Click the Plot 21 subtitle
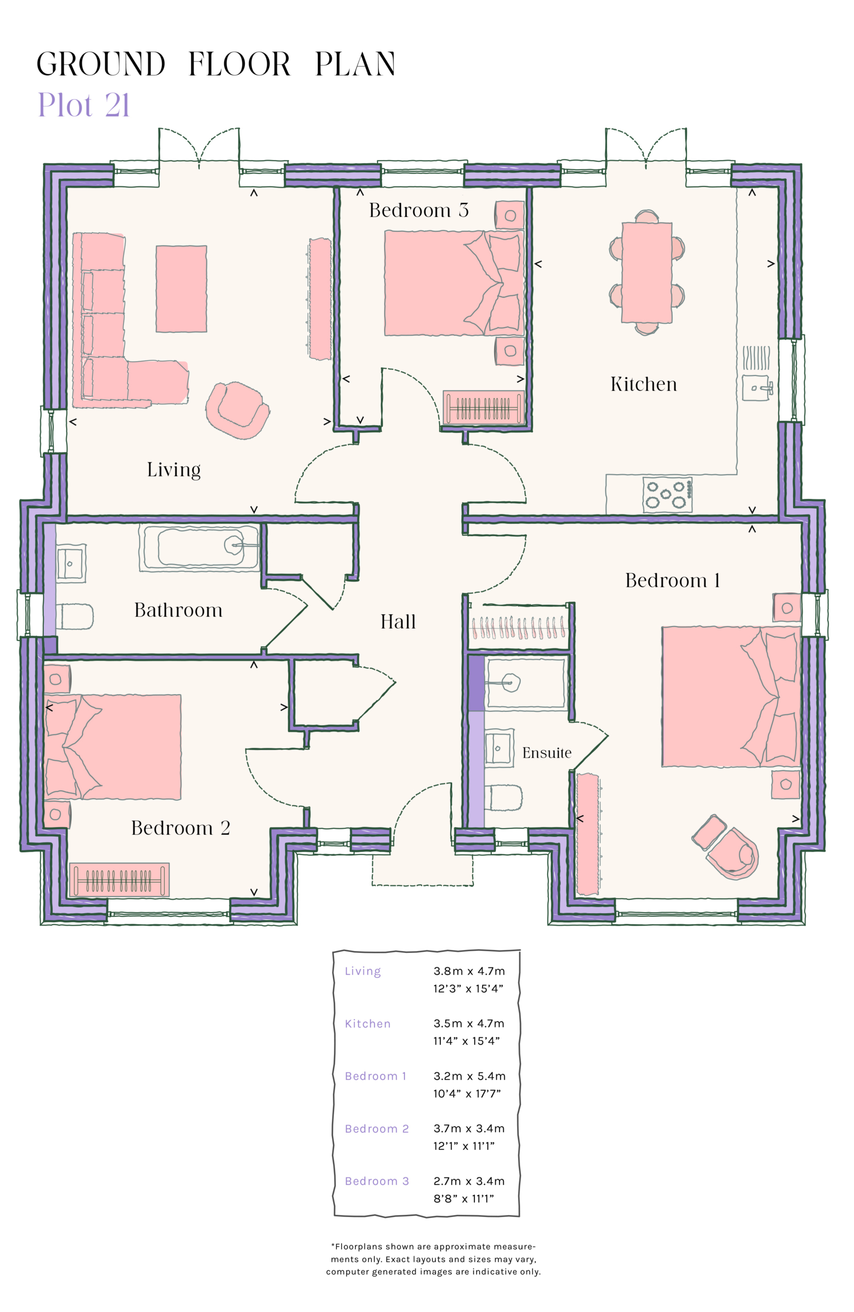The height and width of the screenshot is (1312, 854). tap(83, 105)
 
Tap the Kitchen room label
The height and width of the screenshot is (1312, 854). tap(643, 384)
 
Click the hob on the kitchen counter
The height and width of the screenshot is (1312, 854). tap(666, 494)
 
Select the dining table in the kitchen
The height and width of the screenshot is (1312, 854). tap(646, 272)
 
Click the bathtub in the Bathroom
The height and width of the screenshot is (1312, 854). tap(198, 547)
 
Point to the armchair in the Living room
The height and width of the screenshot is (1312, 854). tap(237, 410)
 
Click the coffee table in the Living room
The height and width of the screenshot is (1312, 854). tap(181, 288)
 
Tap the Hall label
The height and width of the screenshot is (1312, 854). tap(397, 622)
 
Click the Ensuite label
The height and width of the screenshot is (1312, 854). tap(547, 753)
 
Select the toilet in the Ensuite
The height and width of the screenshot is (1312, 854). tap(503, 798)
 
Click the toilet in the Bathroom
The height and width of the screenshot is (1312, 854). tap(74, 616)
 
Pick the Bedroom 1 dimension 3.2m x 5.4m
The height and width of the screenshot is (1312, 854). tap(469, 1075)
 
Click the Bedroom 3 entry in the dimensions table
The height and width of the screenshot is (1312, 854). tap(377, 1181)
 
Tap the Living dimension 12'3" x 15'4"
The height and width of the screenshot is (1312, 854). tap(468, 989)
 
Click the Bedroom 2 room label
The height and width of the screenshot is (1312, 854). tap(180, 827)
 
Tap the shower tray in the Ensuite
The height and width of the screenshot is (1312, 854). tap(524, 683)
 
